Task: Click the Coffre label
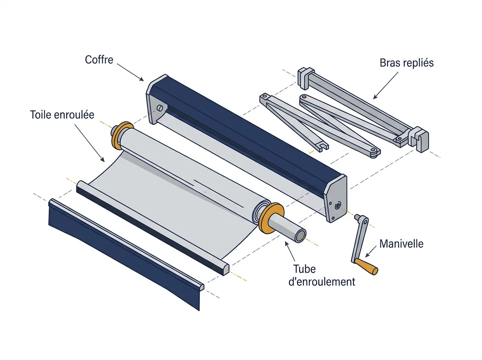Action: [99, 59]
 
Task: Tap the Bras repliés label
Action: [406, 63]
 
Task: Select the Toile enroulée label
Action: [62, 115]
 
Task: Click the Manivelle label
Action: [401, 243]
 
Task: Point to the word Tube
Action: [304, 269]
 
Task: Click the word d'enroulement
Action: [322, 282]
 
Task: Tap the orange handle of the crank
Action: [366, 266]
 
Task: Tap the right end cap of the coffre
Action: [336, 198]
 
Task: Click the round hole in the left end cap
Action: [160, 108]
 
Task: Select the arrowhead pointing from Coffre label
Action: [141, 79]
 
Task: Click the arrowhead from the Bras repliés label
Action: [375, 96]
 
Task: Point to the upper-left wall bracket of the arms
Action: [305, 78]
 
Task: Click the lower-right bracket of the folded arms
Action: [419, 139]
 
